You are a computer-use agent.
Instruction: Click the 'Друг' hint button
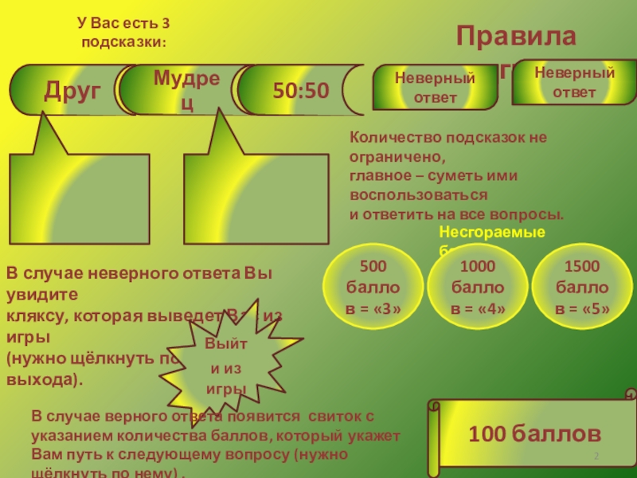click(72, 91)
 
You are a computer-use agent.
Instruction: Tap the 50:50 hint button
click(300, 91)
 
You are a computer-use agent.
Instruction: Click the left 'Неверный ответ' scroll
click(435, 87)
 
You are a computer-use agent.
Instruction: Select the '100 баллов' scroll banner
click(533, 433)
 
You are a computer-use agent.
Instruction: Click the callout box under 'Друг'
click(79, 191)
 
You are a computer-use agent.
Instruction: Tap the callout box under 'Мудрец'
click(256, 191)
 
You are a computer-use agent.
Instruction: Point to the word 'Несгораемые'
click(492, 232)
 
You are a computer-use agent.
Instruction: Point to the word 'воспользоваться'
click(418, 194)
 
